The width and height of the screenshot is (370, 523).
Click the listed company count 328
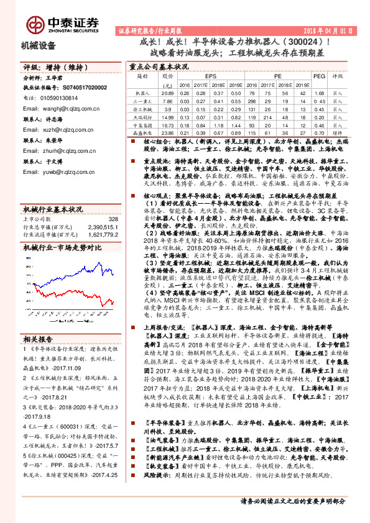112,219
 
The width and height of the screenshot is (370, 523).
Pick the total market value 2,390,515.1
101,227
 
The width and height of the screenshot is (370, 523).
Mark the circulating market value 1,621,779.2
101,235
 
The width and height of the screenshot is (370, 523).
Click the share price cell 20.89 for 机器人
166,92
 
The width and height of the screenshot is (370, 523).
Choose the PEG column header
319,76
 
